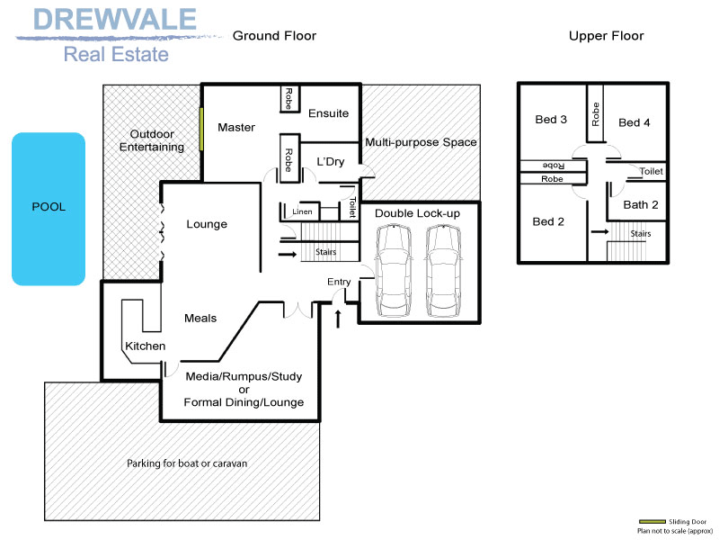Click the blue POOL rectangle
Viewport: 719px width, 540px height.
point(49,208)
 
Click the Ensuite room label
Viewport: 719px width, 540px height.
point(328,113)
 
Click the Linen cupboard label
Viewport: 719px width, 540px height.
point(302,211)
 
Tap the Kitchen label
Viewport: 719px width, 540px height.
point(145,346)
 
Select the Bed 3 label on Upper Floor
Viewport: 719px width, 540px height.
point(551,120)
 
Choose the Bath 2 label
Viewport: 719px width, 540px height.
point(641,204)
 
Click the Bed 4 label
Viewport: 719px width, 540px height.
point(634,122)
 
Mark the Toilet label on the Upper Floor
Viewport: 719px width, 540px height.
point(652,171)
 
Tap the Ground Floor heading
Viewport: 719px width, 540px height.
point(274,36)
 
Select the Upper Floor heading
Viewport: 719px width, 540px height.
point(606,36)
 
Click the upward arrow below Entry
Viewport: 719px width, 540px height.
point(339,318)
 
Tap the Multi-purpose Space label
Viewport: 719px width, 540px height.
point(421,142)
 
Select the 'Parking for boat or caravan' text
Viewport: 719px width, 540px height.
point(187,463)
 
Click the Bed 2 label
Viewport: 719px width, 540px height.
point(548,221)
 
